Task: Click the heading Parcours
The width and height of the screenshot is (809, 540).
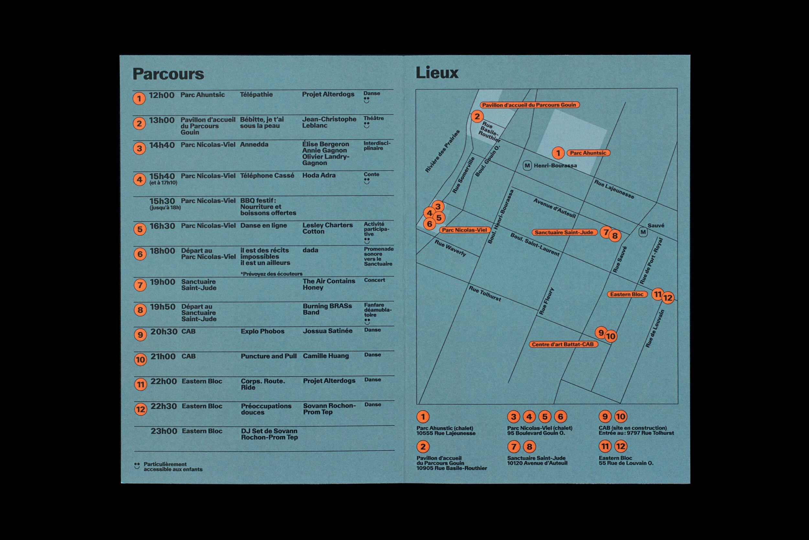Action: point(168,74)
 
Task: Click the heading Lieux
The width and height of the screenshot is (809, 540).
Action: point(437,73)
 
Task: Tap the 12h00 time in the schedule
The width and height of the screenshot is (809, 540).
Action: point(161,95)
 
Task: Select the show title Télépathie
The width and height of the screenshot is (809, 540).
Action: point(256,94)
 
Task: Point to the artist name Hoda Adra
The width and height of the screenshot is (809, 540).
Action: point(319,175)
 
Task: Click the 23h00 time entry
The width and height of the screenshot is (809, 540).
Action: point(164,431)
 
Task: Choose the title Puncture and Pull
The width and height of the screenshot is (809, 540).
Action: point(269,356)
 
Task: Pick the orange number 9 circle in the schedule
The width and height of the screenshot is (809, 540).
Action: point(140,335)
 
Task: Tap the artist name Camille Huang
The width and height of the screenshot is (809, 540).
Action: point(326,356)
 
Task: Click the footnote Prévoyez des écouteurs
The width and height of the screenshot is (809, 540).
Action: point(272,274)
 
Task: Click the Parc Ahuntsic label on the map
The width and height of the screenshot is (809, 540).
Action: point(588,153)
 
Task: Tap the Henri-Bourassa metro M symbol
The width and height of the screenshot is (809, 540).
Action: point(527,166)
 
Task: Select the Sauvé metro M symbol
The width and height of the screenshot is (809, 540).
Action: point(643,232)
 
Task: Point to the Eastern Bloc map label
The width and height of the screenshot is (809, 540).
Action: point(627,294)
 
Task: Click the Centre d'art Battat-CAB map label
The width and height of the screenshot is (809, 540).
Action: point(563,344)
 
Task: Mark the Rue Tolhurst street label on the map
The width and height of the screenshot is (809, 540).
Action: point(485,293)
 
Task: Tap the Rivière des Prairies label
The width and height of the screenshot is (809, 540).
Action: point(442,151)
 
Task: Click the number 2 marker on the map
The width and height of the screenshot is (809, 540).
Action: point(477,117)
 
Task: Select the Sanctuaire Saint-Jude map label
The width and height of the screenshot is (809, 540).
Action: point(564,232)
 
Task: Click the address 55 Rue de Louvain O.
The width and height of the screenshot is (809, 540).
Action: point(626,463)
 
